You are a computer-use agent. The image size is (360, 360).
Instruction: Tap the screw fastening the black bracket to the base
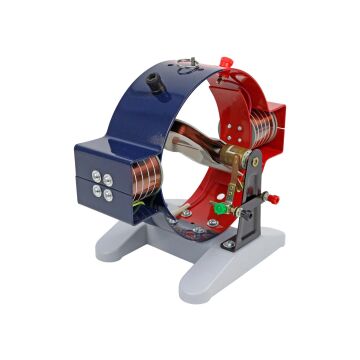click(230, 244)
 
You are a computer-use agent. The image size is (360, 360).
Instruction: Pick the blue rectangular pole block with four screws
click(104, 177)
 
